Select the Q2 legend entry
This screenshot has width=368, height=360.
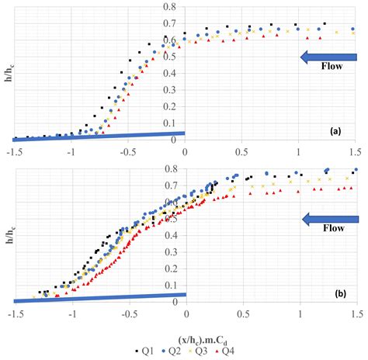(x=165, y=351)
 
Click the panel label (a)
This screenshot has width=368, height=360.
(x=335, y=132)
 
